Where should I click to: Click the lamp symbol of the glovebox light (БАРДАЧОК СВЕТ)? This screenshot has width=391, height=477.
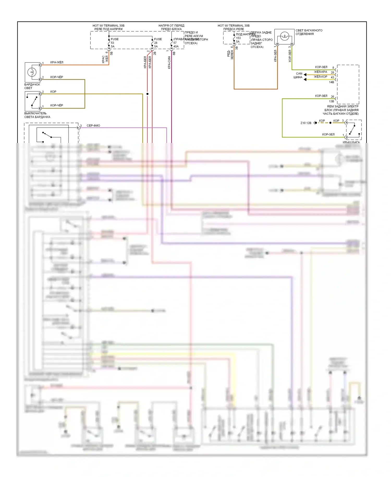pos(32,72)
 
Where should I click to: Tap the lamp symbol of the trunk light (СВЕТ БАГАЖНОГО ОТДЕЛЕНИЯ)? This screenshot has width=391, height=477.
pos(284,36)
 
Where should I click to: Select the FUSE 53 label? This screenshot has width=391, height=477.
pos(114,41)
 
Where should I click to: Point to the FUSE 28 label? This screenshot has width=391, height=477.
pos(158,41)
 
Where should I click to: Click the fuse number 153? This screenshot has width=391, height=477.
pos(238,38)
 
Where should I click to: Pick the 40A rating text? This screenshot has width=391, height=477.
pos(176,47)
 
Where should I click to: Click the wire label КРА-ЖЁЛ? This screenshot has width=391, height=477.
pos(57,62)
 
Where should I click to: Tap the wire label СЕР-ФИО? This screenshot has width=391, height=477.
pos(93,126)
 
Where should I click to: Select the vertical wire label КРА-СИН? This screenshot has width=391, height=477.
pos(169,62)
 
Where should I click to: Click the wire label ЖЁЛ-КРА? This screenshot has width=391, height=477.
pos(320,72)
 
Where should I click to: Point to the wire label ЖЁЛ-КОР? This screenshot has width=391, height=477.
pos(320,77)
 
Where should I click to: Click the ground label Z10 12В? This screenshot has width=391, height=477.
pos(306,123)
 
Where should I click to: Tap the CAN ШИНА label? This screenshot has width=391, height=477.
pos(298,75)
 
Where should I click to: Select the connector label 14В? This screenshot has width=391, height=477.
pos(331,82)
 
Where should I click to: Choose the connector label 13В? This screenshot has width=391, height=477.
pos(331,101)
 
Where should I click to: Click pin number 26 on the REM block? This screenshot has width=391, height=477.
pos(332,97)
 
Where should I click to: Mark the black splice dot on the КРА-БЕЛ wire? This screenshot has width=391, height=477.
pos(148,94)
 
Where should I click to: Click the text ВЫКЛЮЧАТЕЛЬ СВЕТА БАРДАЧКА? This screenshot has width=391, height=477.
pos(37,115)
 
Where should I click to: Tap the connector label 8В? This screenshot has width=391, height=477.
pos(174,53)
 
